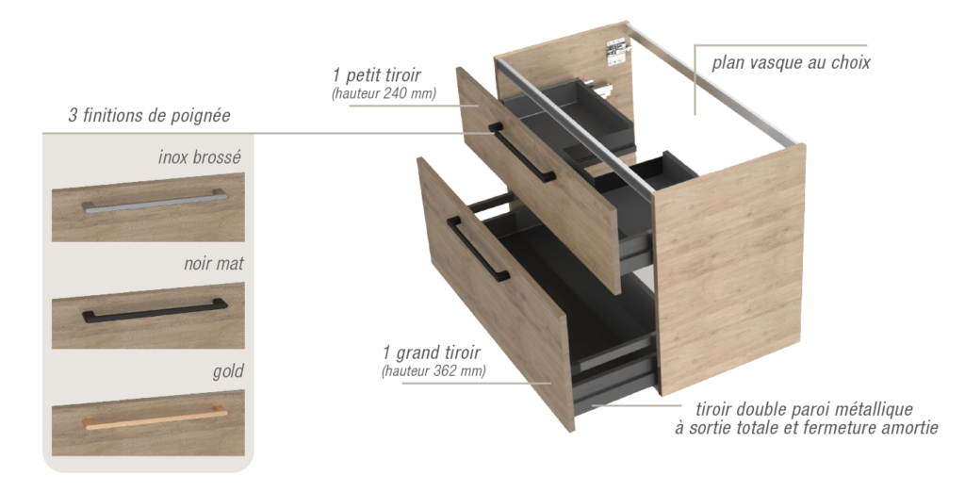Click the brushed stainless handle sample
point(155,202)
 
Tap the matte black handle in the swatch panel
point(155,311)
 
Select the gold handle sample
point(155,417)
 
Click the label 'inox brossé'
point(200,157)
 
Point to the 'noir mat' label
point(214,264)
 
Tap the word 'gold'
point(228,371)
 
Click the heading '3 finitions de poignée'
point(149,115)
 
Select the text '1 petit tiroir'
point(377,75)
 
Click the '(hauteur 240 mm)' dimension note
point(384,93)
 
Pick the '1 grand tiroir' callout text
point(431,353)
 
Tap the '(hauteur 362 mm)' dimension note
point(433,371)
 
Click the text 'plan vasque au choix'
point(791,63)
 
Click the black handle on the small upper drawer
point(522,153)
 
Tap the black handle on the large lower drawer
point(478,249)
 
